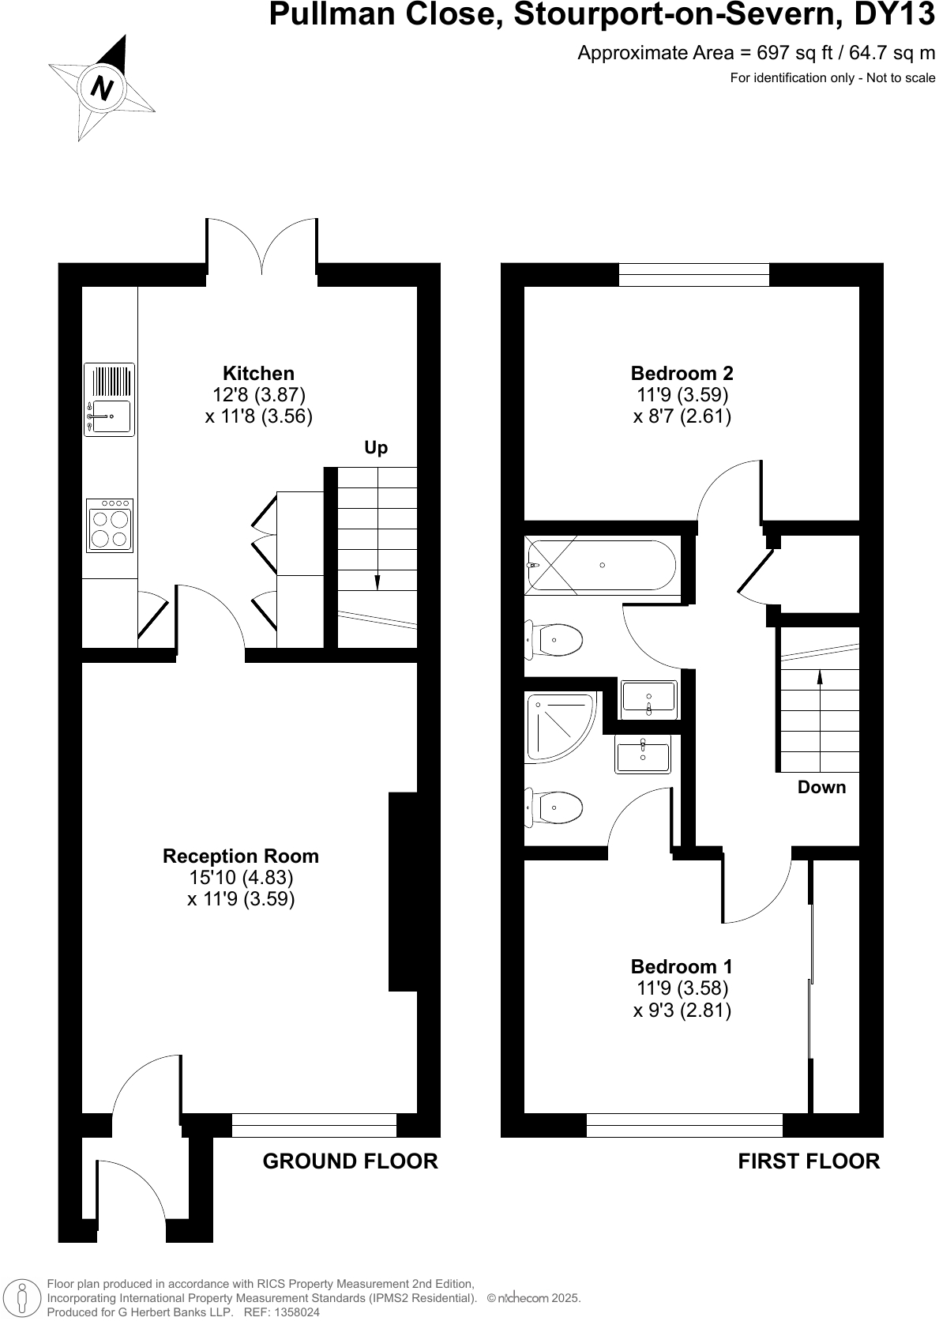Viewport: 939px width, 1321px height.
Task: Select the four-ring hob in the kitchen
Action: point(110,525)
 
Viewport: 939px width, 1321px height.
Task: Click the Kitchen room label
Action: point(258,374)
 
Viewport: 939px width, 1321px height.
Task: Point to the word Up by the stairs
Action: point(376,448)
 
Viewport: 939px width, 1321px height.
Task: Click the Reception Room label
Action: point(241,856)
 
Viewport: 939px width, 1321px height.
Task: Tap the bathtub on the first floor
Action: point(601,565)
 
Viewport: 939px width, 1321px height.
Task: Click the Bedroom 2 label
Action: point(682,374)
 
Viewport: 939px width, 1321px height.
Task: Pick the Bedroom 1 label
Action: point(682,967)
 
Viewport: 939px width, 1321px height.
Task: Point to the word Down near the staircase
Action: point(821,788)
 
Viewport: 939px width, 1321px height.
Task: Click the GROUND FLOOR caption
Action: point(350,1161)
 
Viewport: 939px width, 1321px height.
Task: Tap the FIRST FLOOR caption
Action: point(809,1161)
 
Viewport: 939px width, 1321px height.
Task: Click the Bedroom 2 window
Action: point(693,274)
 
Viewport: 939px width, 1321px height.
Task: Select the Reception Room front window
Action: point(314,1125)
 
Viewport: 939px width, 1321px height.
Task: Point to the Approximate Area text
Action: point(756,53)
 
